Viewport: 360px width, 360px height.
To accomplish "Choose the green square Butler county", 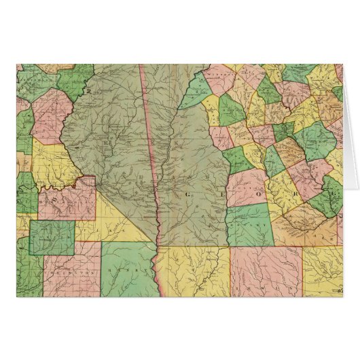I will click(52, 237).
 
